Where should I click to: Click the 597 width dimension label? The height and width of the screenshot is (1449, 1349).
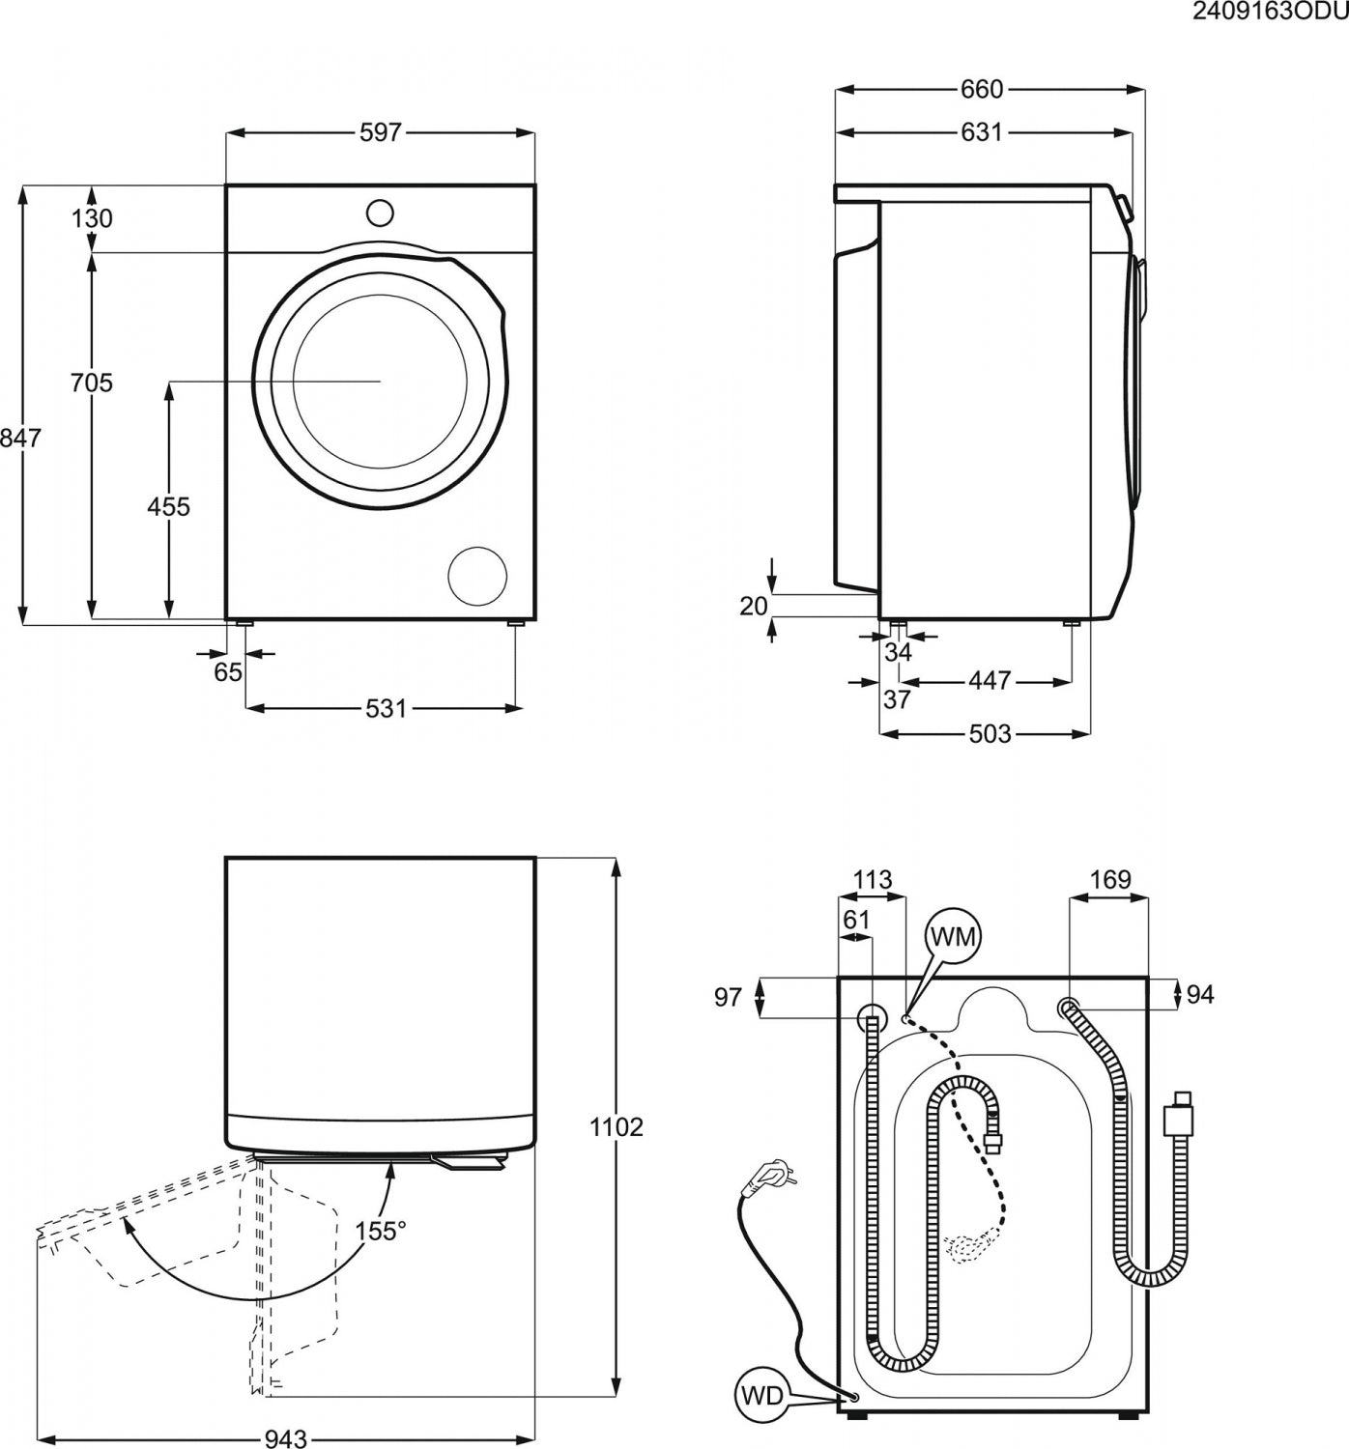380,132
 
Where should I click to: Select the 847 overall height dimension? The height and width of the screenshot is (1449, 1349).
20,438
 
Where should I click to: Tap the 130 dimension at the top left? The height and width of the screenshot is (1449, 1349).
92,218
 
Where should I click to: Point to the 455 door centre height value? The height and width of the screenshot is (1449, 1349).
168,505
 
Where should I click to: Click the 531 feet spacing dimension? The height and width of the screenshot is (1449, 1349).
386,708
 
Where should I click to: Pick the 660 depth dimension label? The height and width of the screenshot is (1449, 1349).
982,89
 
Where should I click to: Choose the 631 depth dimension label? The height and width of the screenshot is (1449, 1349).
982,132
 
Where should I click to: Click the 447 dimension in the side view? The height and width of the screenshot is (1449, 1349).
989,681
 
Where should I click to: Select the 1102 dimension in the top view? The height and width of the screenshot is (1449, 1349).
617,1126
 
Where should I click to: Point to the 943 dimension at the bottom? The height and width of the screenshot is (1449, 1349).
285,1439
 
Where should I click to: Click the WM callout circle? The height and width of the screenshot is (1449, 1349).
953,936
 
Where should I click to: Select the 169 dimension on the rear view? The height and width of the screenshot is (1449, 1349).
1109,879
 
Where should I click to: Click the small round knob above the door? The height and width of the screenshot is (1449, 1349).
380,213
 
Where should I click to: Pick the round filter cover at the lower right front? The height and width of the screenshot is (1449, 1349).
477,576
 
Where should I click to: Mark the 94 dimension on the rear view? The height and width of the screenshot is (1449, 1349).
1200,994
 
